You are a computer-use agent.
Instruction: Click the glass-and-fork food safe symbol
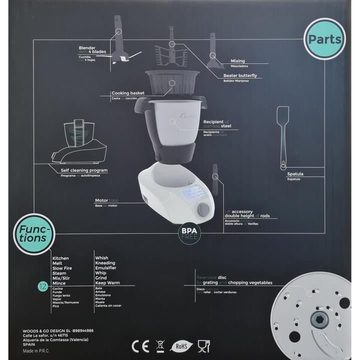click(203, 344)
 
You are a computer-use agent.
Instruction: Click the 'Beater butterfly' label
click(240, 75)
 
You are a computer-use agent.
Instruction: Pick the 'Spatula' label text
click(295, 174)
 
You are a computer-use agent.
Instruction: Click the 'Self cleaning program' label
click(84, 170)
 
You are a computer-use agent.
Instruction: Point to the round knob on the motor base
click(203, 209)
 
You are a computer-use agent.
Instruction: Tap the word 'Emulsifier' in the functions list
click(106, 267)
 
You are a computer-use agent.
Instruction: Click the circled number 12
click(42, 286)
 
